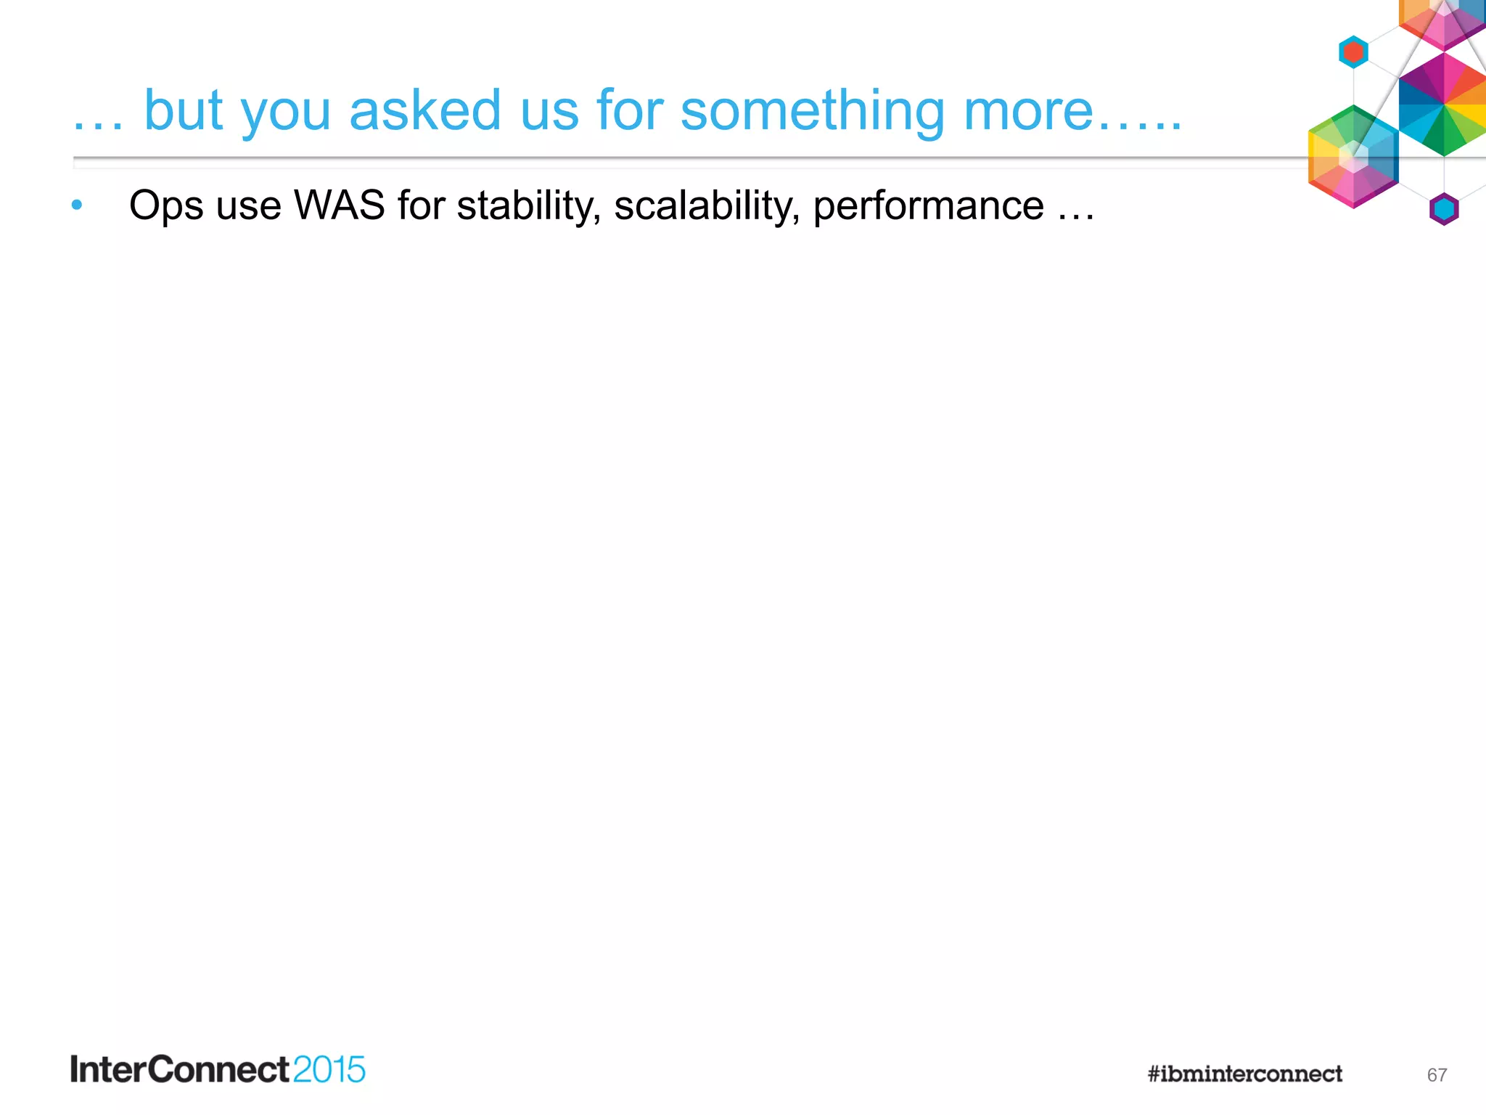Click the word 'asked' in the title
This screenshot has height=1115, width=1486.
(424, 110)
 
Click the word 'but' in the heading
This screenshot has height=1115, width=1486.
(184, 110)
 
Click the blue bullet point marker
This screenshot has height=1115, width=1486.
(77, 205)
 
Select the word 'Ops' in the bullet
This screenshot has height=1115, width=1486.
(166, 206)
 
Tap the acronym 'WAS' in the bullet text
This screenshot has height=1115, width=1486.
(339, 205)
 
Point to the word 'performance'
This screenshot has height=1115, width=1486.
(928, 206)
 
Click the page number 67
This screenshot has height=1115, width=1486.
(1437, 1075)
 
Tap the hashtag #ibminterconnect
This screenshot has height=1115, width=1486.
(1244, 1074)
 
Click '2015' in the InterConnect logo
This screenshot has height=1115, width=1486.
(329, 1070)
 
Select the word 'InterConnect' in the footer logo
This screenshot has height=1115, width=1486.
(180, 1070)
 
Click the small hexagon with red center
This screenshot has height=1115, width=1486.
(1353, 52)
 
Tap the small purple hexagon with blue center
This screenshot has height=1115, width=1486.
(1444, 209)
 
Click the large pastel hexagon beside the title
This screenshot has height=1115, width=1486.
(1353, 157)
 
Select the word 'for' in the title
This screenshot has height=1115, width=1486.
(629, 110)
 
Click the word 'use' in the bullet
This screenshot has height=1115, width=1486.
(248, 206)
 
